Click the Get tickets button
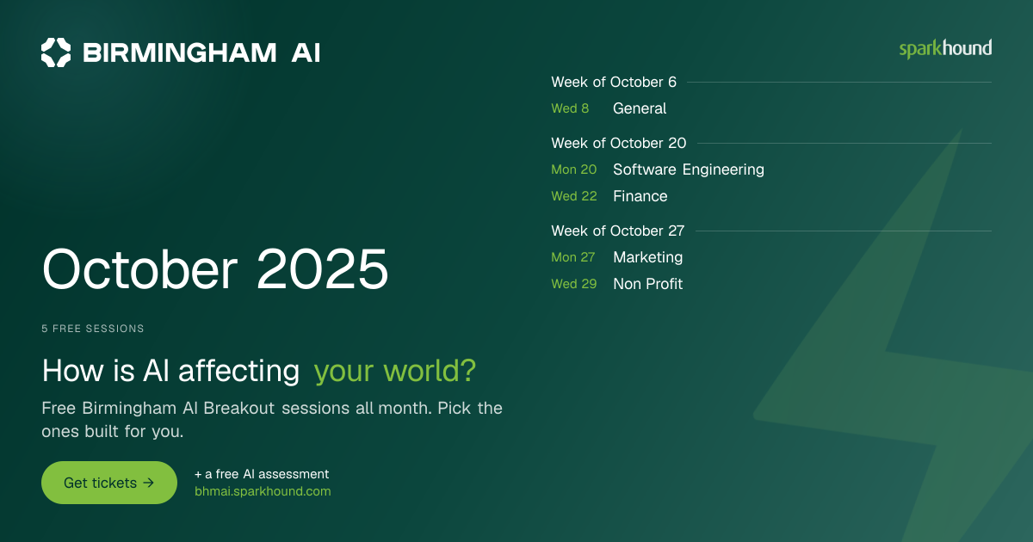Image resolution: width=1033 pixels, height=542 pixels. point(109,483)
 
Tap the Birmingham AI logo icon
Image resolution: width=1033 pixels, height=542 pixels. point(56,52)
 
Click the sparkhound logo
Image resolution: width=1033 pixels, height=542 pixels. point(945,49)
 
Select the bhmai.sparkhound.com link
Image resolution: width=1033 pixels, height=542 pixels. point(263,491)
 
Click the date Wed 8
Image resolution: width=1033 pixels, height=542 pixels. point(570,108)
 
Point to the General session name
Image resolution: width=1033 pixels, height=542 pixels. point(640,108)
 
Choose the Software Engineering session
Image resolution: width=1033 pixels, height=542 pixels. point(689,169)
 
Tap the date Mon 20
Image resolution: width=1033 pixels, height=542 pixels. point(574,169)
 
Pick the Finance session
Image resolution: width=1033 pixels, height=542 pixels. point(640,196)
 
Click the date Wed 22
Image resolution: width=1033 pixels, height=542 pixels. point(574,196)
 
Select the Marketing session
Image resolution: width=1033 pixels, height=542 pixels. point(648,257)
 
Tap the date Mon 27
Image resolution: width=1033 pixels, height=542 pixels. point(573,257)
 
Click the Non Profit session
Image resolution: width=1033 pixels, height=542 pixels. point(648,284)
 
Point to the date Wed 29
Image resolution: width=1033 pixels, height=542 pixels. point(574,284)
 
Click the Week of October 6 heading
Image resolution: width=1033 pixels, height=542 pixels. point(614,82)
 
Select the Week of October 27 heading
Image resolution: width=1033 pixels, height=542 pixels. point(618,231)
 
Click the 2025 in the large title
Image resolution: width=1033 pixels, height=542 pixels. point(322,269)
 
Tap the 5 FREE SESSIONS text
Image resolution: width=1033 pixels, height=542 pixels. point(93,329)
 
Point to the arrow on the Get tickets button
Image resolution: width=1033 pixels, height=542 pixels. point(148,483)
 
